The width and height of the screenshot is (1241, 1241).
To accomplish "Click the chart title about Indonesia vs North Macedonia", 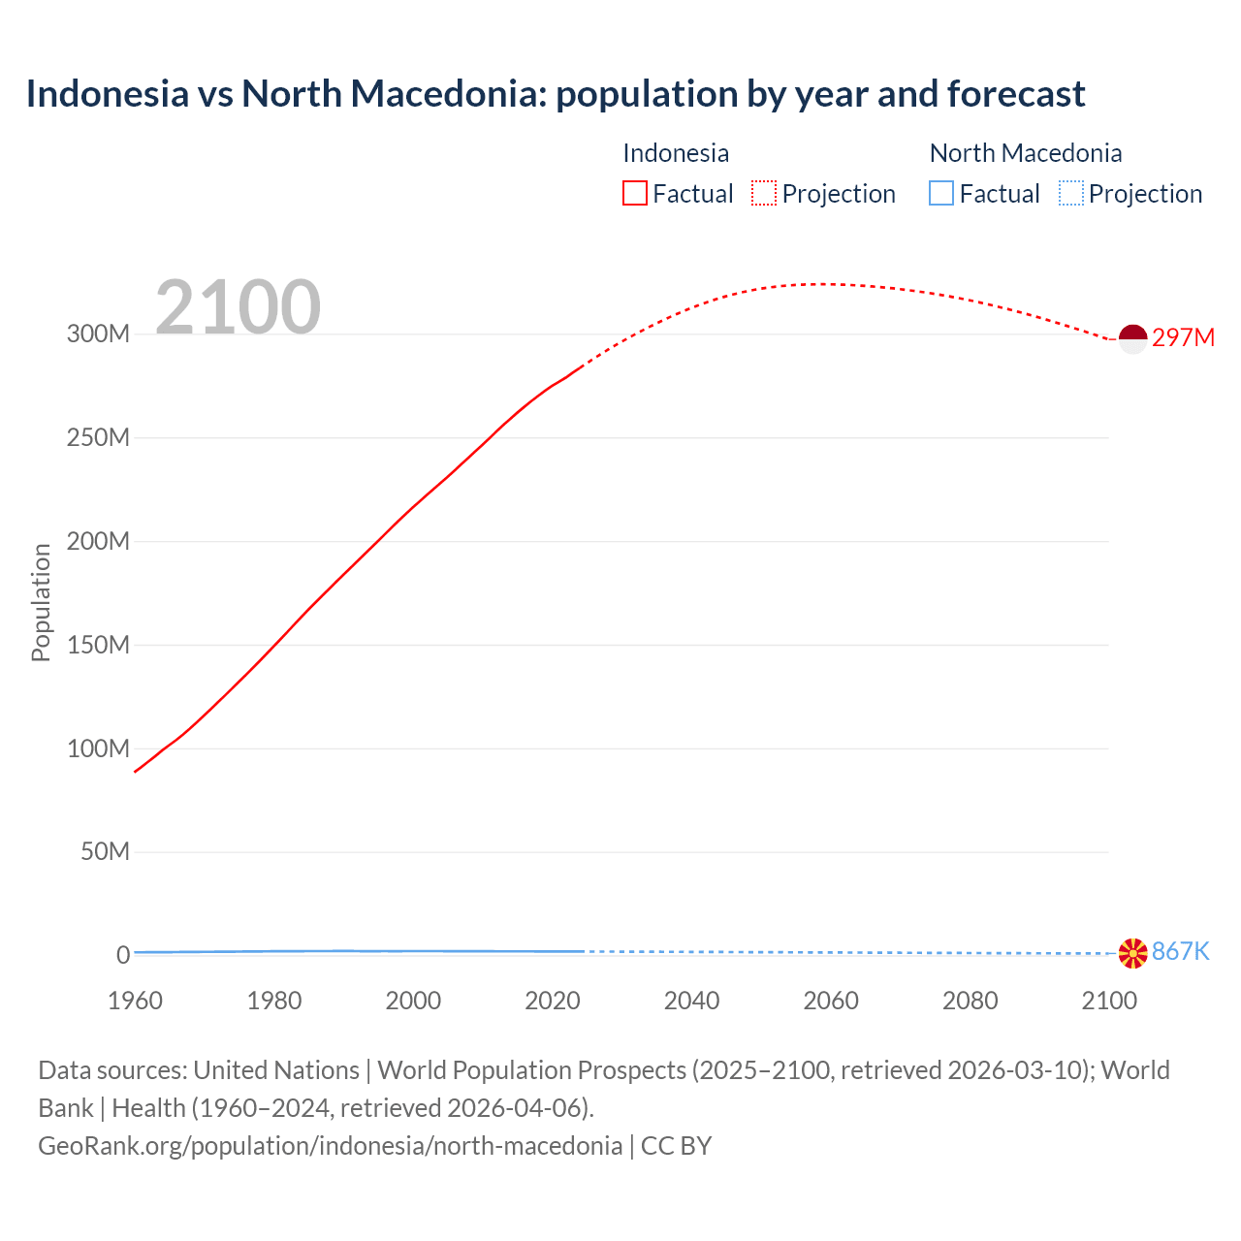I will click(x=555, y=94).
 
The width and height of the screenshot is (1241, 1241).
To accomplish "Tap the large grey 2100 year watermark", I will click(x=238, y=307).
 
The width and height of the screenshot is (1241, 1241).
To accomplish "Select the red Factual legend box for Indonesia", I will click(x=635, y=193).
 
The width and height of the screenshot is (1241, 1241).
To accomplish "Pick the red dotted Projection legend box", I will click(x=764, y=193).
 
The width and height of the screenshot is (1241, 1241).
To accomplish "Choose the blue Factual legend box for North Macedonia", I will click(x=941, y=193).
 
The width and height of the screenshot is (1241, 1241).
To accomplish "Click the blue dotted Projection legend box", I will click(x=1070, y=193).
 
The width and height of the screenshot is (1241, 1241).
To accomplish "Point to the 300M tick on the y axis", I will click(x=98, y=334).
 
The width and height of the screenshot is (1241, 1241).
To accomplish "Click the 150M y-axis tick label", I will click(x=98, y=645).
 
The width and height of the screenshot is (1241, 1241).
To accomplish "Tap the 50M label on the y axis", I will click(x=105, y=852).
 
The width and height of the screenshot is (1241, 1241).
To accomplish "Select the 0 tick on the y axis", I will click(x=123, y=955).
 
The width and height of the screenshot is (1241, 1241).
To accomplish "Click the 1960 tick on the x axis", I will click(x=135, y=1001).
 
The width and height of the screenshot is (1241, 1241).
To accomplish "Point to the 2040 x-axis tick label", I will click(x=691, y=1001).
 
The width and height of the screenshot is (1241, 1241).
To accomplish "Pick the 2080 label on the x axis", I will click(x=970, y=1001).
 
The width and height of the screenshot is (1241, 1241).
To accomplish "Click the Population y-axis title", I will click(x=41, y=602).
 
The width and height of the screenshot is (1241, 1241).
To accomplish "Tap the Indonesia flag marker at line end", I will click(x=1132, y=338).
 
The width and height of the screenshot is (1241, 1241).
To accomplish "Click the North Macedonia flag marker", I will click(x=1132, y=953).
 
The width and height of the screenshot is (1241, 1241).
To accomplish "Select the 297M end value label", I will click(x=1183, y=337).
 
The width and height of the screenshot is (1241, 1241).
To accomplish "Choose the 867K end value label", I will click(x=1180, y=951).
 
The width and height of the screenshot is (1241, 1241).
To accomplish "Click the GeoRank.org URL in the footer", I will click(x=330, y=1145).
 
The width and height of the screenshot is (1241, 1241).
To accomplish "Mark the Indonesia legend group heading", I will click(x=676, y=153).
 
